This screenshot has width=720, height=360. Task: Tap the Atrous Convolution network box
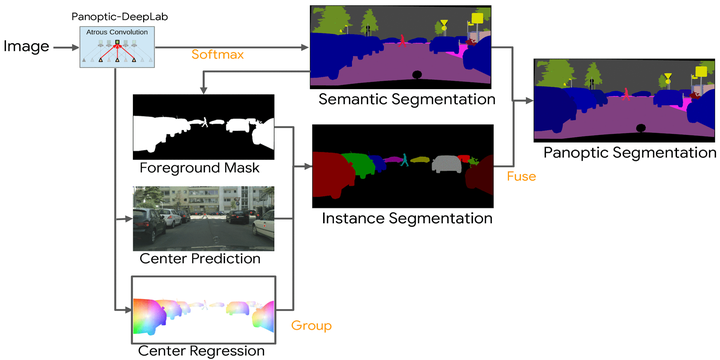116,47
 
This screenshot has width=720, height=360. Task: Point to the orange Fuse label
521,176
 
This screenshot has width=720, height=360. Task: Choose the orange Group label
311,326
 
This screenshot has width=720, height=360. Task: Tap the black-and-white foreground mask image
203,125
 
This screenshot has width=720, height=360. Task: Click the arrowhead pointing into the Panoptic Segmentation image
529,101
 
